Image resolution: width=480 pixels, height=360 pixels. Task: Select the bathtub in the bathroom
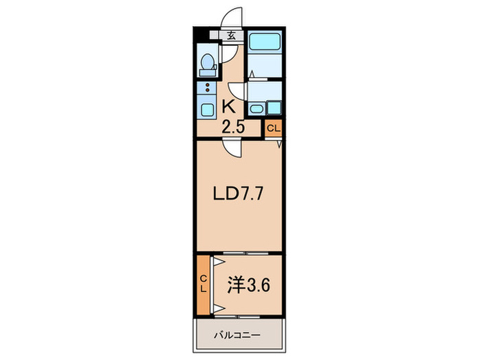tap(265, 42)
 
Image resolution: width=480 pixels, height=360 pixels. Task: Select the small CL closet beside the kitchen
tap(273, 128)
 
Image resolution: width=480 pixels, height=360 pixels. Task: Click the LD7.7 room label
tap(237, 194)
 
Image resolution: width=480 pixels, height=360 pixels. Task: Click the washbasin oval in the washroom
tap(255, 108)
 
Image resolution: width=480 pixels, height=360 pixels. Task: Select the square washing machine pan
tap(274, 108)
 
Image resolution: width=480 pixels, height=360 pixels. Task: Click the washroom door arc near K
tap(237, 89)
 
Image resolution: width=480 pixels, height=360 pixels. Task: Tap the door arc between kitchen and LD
tap(232, 149)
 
